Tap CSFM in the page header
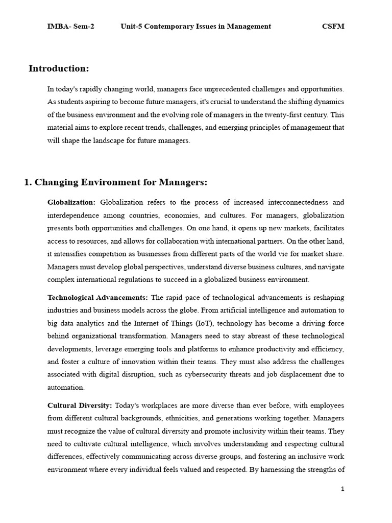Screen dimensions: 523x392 click(333, 26)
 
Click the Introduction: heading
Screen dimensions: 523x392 click(59, 68)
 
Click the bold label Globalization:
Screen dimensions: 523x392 click(71, 202)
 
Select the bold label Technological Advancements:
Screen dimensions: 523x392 click(97, 297)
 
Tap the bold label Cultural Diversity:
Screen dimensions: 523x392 click(80, 405)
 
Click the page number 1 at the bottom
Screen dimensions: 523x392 click(342, 489)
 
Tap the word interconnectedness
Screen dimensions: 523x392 click(289, 202)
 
